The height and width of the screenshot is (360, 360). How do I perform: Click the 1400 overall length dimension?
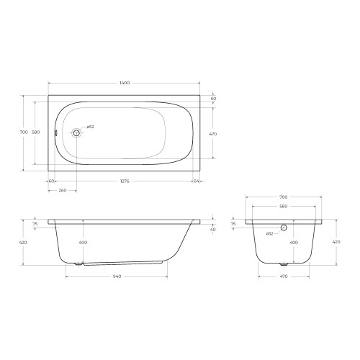point(125,83)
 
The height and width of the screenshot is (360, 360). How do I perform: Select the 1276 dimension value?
point(125,181)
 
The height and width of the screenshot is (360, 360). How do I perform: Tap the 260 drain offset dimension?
point(63,191)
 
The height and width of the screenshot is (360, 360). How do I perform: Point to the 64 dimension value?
point(197,181)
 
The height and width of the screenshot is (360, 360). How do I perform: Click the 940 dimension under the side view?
point(117,276)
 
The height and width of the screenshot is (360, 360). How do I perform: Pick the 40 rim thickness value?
point(213,230)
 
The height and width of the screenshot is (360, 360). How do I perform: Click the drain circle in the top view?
point(76,132)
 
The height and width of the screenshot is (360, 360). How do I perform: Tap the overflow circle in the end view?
point(284,228)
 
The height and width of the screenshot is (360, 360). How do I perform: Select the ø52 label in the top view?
point(91,127)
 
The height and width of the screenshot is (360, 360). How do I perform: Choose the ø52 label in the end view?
point(269,233)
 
